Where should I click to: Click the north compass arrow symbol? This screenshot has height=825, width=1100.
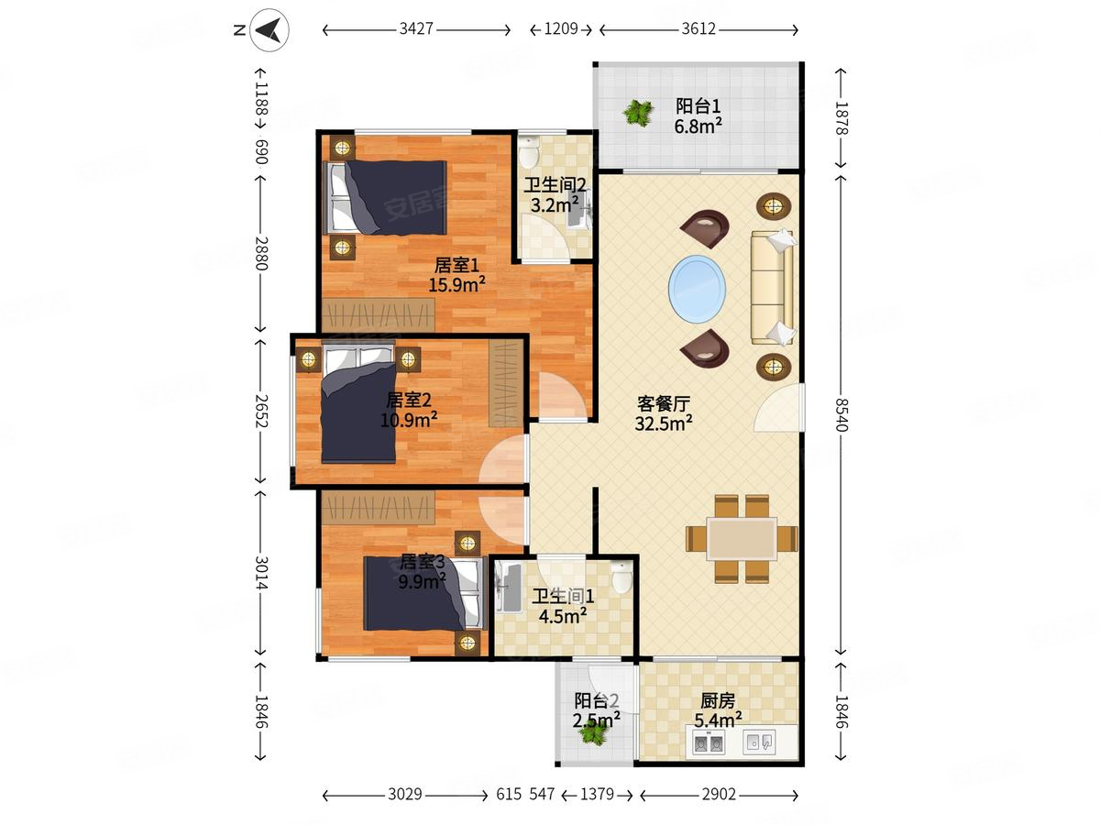[269, 30]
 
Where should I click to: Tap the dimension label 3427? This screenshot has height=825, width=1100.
[416, 29]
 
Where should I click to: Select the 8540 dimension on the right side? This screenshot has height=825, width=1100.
[841, 414]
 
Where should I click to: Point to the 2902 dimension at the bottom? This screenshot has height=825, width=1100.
[719, 795]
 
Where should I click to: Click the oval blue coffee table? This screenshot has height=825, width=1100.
[697, 289]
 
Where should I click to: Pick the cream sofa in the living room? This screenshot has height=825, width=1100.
[772, 288]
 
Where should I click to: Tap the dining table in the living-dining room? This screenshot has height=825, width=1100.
[742, 538]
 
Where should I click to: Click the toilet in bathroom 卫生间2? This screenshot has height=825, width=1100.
[528, 152]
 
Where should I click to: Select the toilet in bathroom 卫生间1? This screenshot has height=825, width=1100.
[621, 577]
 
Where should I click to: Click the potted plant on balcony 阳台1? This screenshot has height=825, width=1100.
[638, 113]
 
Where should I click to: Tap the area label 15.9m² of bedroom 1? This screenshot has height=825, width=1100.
[456, 284]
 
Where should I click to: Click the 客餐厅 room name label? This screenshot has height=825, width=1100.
[664, 403]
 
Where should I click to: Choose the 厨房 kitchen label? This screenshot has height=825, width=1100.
[718, 700]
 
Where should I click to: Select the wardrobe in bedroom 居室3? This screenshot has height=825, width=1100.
[379, 508]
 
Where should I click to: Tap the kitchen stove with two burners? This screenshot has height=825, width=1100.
[708, 742]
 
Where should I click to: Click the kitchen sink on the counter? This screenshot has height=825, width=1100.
[759, 742]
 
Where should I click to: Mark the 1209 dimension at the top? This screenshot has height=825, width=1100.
[561, 29]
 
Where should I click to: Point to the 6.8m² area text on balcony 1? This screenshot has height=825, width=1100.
[698, 126]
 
